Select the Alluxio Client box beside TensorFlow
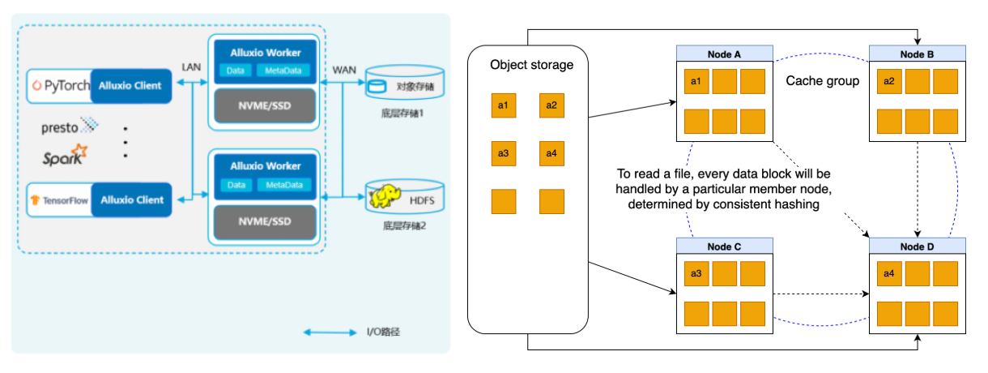click(x=131, y=200)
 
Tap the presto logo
click(x=70, y=126)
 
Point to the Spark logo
click(x=65, y=155)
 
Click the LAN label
click(x=191, y=67)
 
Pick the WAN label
click(x=344, y=71)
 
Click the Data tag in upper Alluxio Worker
click(x=236, y=71)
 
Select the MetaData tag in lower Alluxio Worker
click(x=284, y=185)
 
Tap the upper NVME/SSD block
click(x=265, y=106)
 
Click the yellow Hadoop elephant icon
click(x=385, y=196)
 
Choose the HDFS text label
click(x=422, y=201)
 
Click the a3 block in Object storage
click(x=503, y=153)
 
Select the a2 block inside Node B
click(x=888, y=81)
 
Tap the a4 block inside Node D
click(x=888, y=274)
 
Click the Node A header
click(x=724, y=54)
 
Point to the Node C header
click(x=724, y=246)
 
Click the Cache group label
click(x=823, y=81)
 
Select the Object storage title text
click(x=531, y=65)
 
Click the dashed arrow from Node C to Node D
click(x=821, y=294)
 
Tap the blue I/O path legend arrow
click(x=330, y=332)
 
